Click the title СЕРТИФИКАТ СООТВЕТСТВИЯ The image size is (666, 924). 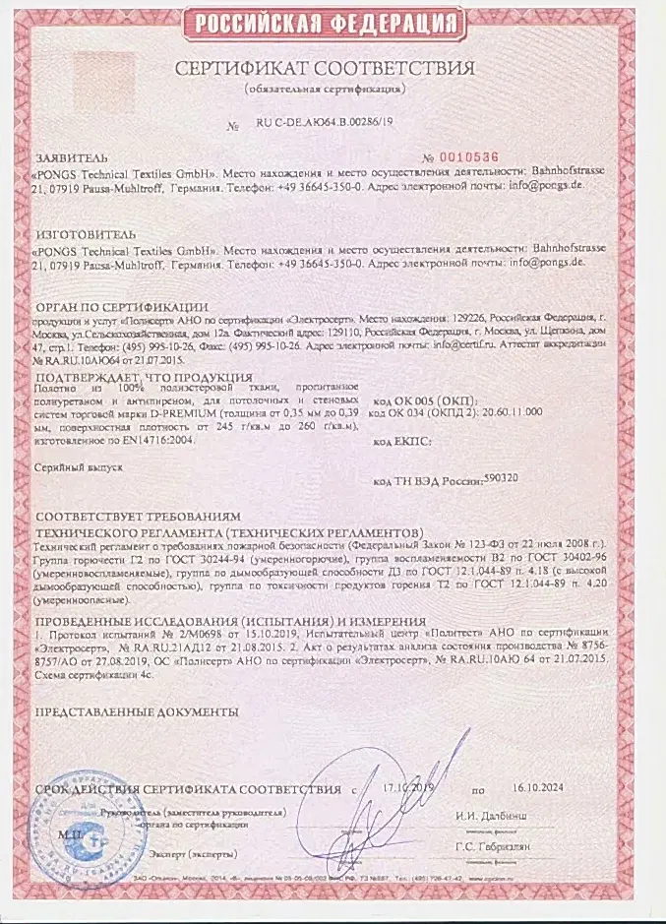(x=325, y=69)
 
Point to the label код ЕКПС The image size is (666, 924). (x=403, y=442)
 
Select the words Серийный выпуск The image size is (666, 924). (x=78, y=469)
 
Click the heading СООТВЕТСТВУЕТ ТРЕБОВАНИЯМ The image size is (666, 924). (x=137, y=518)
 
